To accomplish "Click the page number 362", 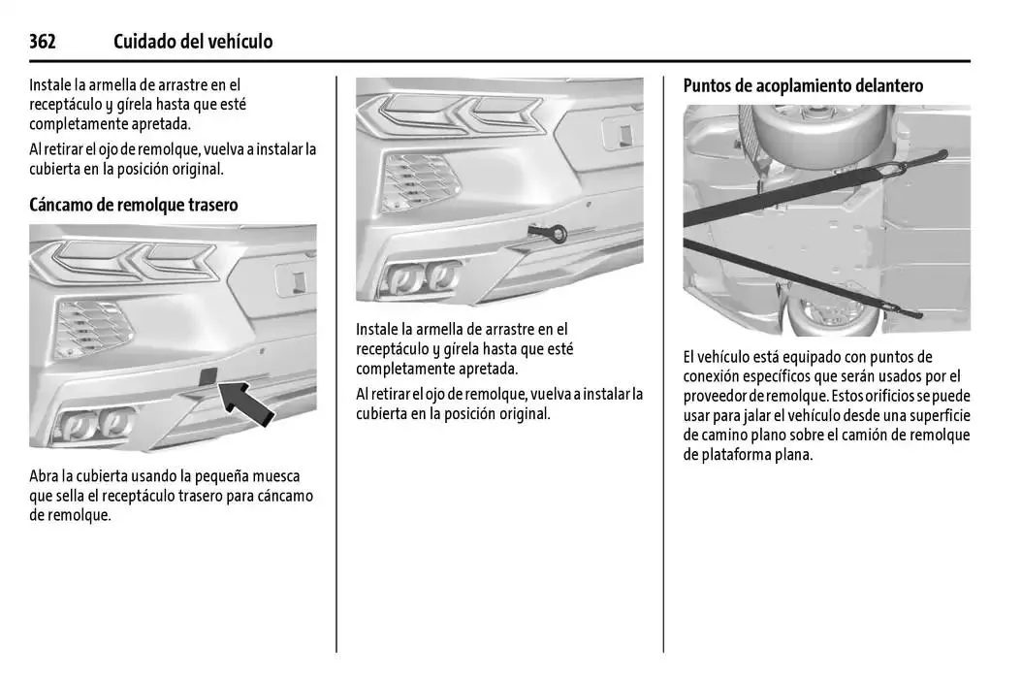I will (x=43, y=42).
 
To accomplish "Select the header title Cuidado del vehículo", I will (x=193, y=42).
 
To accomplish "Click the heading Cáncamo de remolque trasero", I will (x=134, y=205).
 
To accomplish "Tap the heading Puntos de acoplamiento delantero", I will (x=803, y=85).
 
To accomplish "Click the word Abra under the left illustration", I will (x=45, y=476).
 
